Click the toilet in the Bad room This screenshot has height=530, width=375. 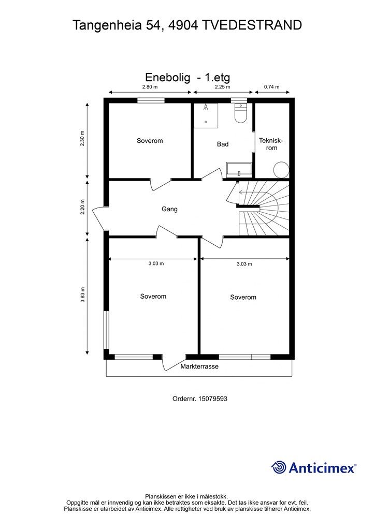coord(240,113)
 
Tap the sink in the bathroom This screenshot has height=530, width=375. coord(239,170)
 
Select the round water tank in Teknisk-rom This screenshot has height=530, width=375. coord(281,169)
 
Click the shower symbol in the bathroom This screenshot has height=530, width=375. coord(206,115)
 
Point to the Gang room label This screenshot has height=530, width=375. coord(169,209)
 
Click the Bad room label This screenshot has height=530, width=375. coord(223,144)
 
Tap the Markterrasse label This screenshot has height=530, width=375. coord(199,366)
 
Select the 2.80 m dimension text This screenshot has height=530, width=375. coord(150,87)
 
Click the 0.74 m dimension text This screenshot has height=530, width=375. coord(271,87)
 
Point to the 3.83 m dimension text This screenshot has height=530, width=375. coord(82,295)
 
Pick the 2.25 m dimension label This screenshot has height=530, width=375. coord(223,87)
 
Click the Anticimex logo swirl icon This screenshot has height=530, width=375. coord(279,467)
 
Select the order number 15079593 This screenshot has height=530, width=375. coord(213,399)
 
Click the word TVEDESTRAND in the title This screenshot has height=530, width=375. coord(252,25)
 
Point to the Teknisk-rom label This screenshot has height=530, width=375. coord(271,144)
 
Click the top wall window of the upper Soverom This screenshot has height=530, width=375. coord(151,100)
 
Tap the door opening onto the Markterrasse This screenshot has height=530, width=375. coord(174,362)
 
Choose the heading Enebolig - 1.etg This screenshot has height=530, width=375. coord(187,78)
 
